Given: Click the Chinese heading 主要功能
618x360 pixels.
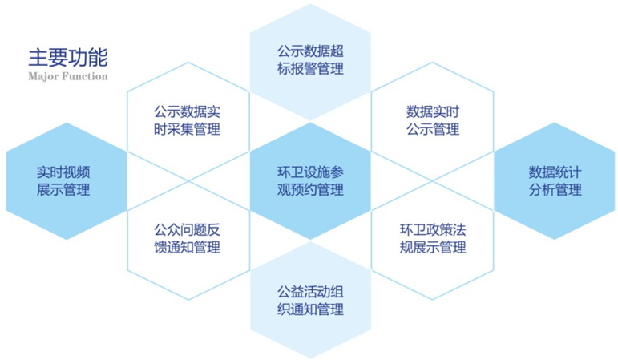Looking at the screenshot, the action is click(x=68, y=58).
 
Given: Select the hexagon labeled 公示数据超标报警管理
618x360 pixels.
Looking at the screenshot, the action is click(x=310, y=62).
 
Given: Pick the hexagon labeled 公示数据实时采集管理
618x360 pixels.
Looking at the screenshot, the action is click(x=188, y=121).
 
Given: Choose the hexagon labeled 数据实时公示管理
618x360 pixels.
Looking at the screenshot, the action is click(x=432, y=121).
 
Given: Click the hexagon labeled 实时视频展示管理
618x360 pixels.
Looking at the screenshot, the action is click(x=67, y=181).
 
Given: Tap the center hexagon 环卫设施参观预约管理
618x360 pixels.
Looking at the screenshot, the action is click(x=310, y=181).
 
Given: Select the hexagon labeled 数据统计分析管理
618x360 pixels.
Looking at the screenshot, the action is click(x=555, y=181).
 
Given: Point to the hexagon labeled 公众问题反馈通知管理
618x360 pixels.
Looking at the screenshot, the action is click(x=188, y=241).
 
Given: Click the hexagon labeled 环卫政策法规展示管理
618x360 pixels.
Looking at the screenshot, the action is click(x=432, y=241).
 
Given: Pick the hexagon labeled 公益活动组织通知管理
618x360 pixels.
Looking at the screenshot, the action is click(x=310, y=300).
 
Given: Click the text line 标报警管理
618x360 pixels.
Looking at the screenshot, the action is click(x=310, y=69).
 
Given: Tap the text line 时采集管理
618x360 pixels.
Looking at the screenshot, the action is click(x=187, y=129).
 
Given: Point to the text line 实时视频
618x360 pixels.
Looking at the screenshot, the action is click(x=63, y=172).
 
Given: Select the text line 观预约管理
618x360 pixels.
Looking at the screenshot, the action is click(x=310, y=190).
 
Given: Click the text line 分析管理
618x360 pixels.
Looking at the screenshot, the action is click(x=555, y=190).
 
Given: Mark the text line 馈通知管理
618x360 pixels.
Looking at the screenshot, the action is click(x=187, y=247).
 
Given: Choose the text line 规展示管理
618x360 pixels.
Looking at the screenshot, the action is click(x=433, y=247).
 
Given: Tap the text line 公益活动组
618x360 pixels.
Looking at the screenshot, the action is click(x=310, y=292).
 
